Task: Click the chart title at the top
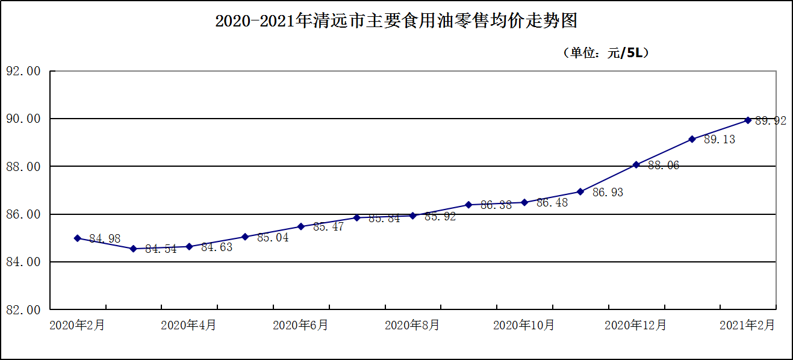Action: tap(396, 22)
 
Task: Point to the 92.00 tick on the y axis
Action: tap(23, 71)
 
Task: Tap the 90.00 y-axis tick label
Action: tap(23, 119)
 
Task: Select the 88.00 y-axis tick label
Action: tap(23, 166)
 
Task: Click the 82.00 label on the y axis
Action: tap(23, 309)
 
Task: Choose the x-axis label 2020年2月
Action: tap(77, 325)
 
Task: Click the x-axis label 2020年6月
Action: tap(300, 325)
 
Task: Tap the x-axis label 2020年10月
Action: tap(524, 325)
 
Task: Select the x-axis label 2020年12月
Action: tap(636, 325)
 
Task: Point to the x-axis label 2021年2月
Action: tap(747, 325)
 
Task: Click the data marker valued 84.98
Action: tap(77, 238)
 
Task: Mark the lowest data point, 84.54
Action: tap(133, 249)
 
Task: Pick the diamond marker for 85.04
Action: tap(245, 237)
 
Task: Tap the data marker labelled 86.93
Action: tap(580, 191)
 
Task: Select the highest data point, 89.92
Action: tap(748, 120)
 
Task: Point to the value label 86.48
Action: tap(552, 203)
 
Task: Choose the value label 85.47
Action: tap(329, 227)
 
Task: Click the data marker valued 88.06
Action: tap(636, 164)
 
